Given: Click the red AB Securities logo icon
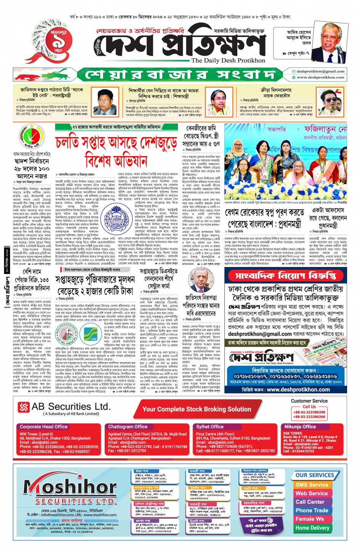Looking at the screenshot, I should click(x=24, y=407).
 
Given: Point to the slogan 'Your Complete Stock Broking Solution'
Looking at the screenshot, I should click(x=197, y=409).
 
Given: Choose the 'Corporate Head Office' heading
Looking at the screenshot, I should click(x=43, y=427).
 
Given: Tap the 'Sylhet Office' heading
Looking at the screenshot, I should click(x=210, y=427).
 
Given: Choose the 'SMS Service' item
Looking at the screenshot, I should click(x=312, y=485).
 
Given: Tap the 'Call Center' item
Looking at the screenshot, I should click(x=310, y=502).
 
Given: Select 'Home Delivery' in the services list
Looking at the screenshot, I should click(x=312, y=527).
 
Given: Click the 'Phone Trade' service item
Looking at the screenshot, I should click(x=312, y=510).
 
